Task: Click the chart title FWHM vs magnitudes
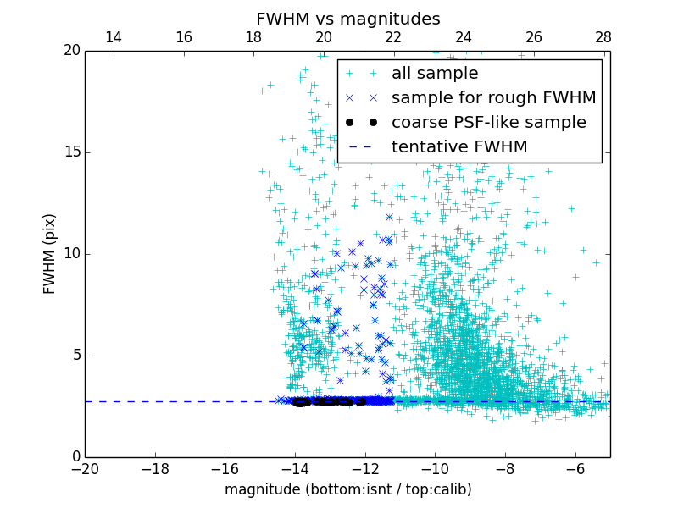click(x=347, y=19)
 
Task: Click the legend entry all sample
click(x=435, y=74)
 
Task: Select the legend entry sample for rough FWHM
click(x=493, y=98)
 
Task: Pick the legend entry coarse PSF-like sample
click(x=488, y=123)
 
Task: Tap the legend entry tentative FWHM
click(x=459, y=147)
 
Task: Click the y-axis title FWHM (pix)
click(x=50, y=254)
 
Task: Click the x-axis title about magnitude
click(x=347, y=489)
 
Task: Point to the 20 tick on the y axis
click(x=71, y=51)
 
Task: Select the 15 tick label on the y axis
click(x=71, y=152)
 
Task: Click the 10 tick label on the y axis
click(x=71, y=254)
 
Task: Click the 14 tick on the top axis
click(x=114, y=37)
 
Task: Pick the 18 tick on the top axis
click(x=253, y=37)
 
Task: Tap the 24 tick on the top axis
click(x=464, y=37)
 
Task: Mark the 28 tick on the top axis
click(x=603, y=37)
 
